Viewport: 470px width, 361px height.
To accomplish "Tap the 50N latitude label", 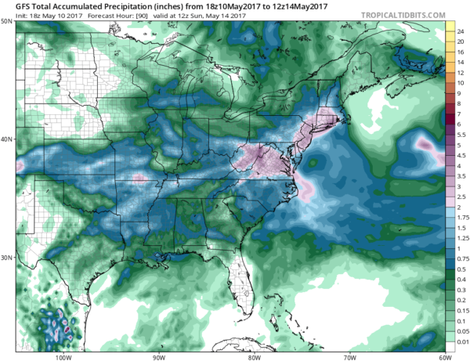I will pyautogui.click(x=6, y=21).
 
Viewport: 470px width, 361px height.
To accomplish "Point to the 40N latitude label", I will pyautogui.click(x=6, y=139).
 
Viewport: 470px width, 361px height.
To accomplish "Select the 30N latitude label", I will pyautogui.click(x=6, y=258).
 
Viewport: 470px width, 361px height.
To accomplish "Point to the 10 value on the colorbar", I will pyautogui.click(x=461, y=83).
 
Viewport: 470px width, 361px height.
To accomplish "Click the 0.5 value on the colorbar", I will pyautogui.click(x=461, y=270).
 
